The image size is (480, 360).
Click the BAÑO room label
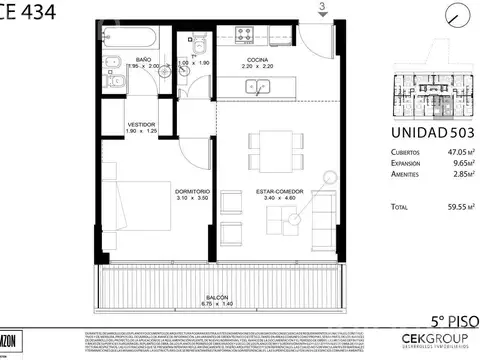(x=143, y=60)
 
